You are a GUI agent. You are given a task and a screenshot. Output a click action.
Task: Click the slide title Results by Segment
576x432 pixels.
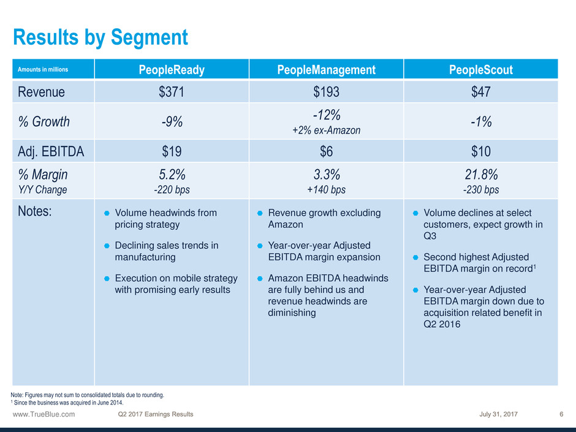tap(100, 38)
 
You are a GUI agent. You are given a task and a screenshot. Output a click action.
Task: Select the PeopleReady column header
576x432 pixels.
tap(172, 70)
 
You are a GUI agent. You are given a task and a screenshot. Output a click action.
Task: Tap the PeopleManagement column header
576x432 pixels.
tap(326, 70)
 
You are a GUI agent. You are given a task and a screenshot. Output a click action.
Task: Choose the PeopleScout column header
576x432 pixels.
tap(480, 70)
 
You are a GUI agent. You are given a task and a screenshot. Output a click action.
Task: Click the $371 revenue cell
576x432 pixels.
tap(172, 92)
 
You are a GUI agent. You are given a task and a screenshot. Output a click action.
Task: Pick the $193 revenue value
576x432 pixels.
tap(326, 92)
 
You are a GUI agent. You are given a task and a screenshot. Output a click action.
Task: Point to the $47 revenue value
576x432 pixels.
tap(480, 92)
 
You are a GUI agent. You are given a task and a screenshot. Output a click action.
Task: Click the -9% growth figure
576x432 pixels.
tap(172, 121)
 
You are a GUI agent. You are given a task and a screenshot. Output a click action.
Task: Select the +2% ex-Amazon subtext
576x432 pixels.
tap(326, 130)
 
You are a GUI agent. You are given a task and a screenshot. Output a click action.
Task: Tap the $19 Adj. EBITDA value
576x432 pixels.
tap(172, 151)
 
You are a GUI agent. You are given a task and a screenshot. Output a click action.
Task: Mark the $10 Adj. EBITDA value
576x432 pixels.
tap(480, 151)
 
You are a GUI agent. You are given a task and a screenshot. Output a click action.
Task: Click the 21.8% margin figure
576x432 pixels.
tap(480, 175)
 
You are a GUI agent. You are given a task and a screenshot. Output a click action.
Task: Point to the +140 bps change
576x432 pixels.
tap(326, 190)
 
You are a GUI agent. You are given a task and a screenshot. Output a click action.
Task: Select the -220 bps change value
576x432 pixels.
tap(172, 190)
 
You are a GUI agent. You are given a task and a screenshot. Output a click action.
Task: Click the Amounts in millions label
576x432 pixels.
tap(43, 70)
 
